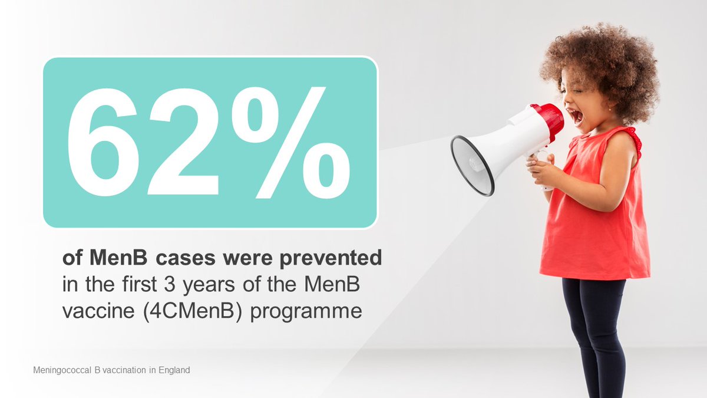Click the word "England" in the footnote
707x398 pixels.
click(x=174, y=370)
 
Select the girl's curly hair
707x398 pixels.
click(x=607, y=59)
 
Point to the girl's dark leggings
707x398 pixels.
click(x=592, y=330)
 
